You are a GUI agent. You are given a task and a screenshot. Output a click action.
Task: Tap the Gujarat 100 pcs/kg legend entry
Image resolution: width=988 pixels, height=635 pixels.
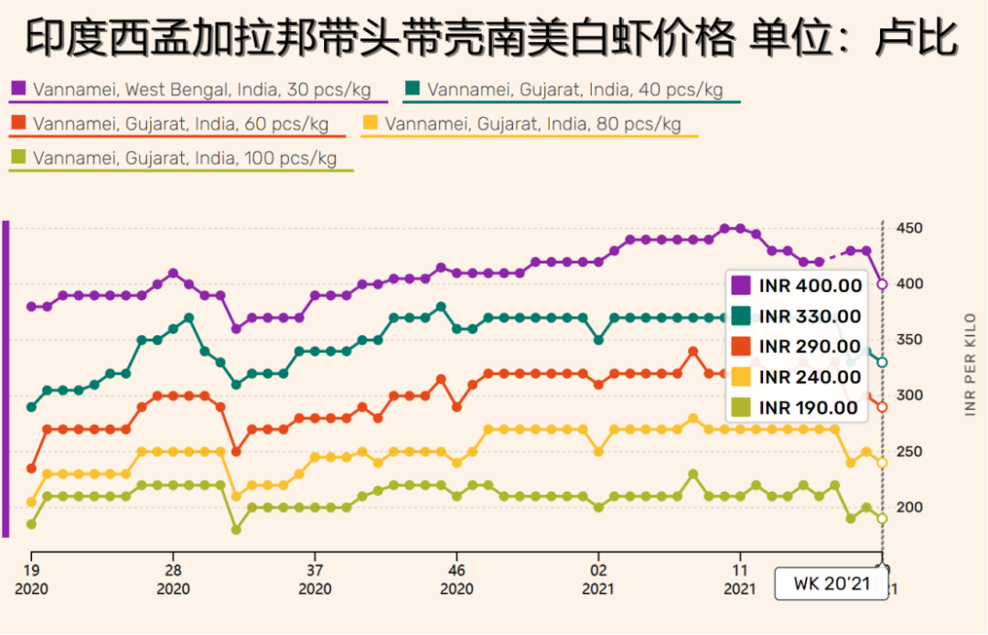184,157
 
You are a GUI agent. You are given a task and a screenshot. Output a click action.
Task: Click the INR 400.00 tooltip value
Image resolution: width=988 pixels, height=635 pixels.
811,285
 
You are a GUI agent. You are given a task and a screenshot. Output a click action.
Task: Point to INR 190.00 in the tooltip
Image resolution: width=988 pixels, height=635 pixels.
809,408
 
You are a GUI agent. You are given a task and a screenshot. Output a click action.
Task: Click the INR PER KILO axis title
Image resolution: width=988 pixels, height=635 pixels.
971,364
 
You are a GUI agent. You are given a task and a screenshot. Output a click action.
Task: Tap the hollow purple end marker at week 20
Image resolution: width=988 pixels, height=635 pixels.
882,285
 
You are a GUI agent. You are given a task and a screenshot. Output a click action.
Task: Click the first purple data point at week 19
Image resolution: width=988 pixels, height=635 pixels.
31,307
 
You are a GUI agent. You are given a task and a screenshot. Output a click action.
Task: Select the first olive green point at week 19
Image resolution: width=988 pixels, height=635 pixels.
31,524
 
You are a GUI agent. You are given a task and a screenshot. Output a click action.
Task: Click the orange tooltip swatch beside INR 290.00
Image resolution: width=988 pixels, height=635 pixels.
740,347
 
